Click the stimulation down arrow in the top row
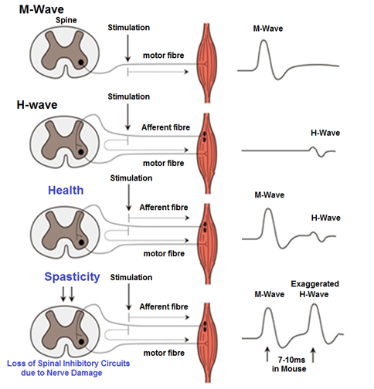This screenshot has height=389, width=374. (125, 49)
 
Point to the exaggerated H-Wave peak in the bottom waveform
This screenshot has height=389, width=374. (315, 306)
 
